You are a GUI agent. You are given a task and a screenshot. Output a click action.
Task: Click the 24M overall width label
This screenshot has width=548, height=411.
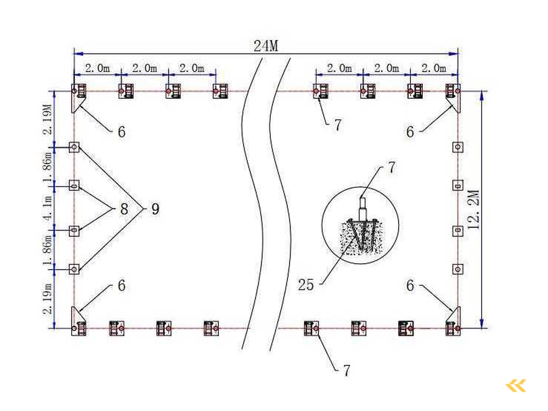point(266,46)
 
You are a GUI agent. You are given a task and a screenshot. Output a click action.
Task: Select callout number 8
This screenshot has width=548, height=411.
point(124,209)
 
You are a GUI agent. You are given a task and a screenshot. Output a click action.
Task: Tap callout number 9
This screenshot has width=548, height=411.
point(155,209)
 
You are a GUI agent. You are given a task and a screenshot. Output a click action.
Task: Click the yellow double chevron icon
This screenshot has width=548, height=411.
point(516,385)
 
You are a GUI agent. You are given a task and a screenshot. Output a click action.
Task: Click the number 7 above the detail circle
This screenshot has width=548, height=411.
point(391,168)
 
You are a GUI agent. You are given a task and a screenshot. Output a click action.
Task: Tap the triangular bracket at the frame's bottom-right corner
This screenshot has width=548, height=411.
point(455,316)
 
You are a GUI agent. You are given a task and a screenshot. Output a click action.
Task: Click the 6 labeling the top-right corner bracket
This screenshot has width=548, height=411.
point(410,132)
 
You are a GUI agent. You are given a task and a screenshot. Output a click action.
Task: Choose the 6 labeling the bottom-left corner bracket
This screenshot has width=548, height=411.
point(121,286)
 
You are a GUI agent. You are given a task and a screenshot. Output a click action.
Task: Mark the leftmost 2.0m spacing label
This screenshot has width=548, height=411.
point(97,68)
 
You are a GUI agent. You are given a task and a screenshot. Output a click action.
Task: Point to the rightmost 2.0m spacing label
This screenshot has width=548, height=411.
point(433,68)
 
